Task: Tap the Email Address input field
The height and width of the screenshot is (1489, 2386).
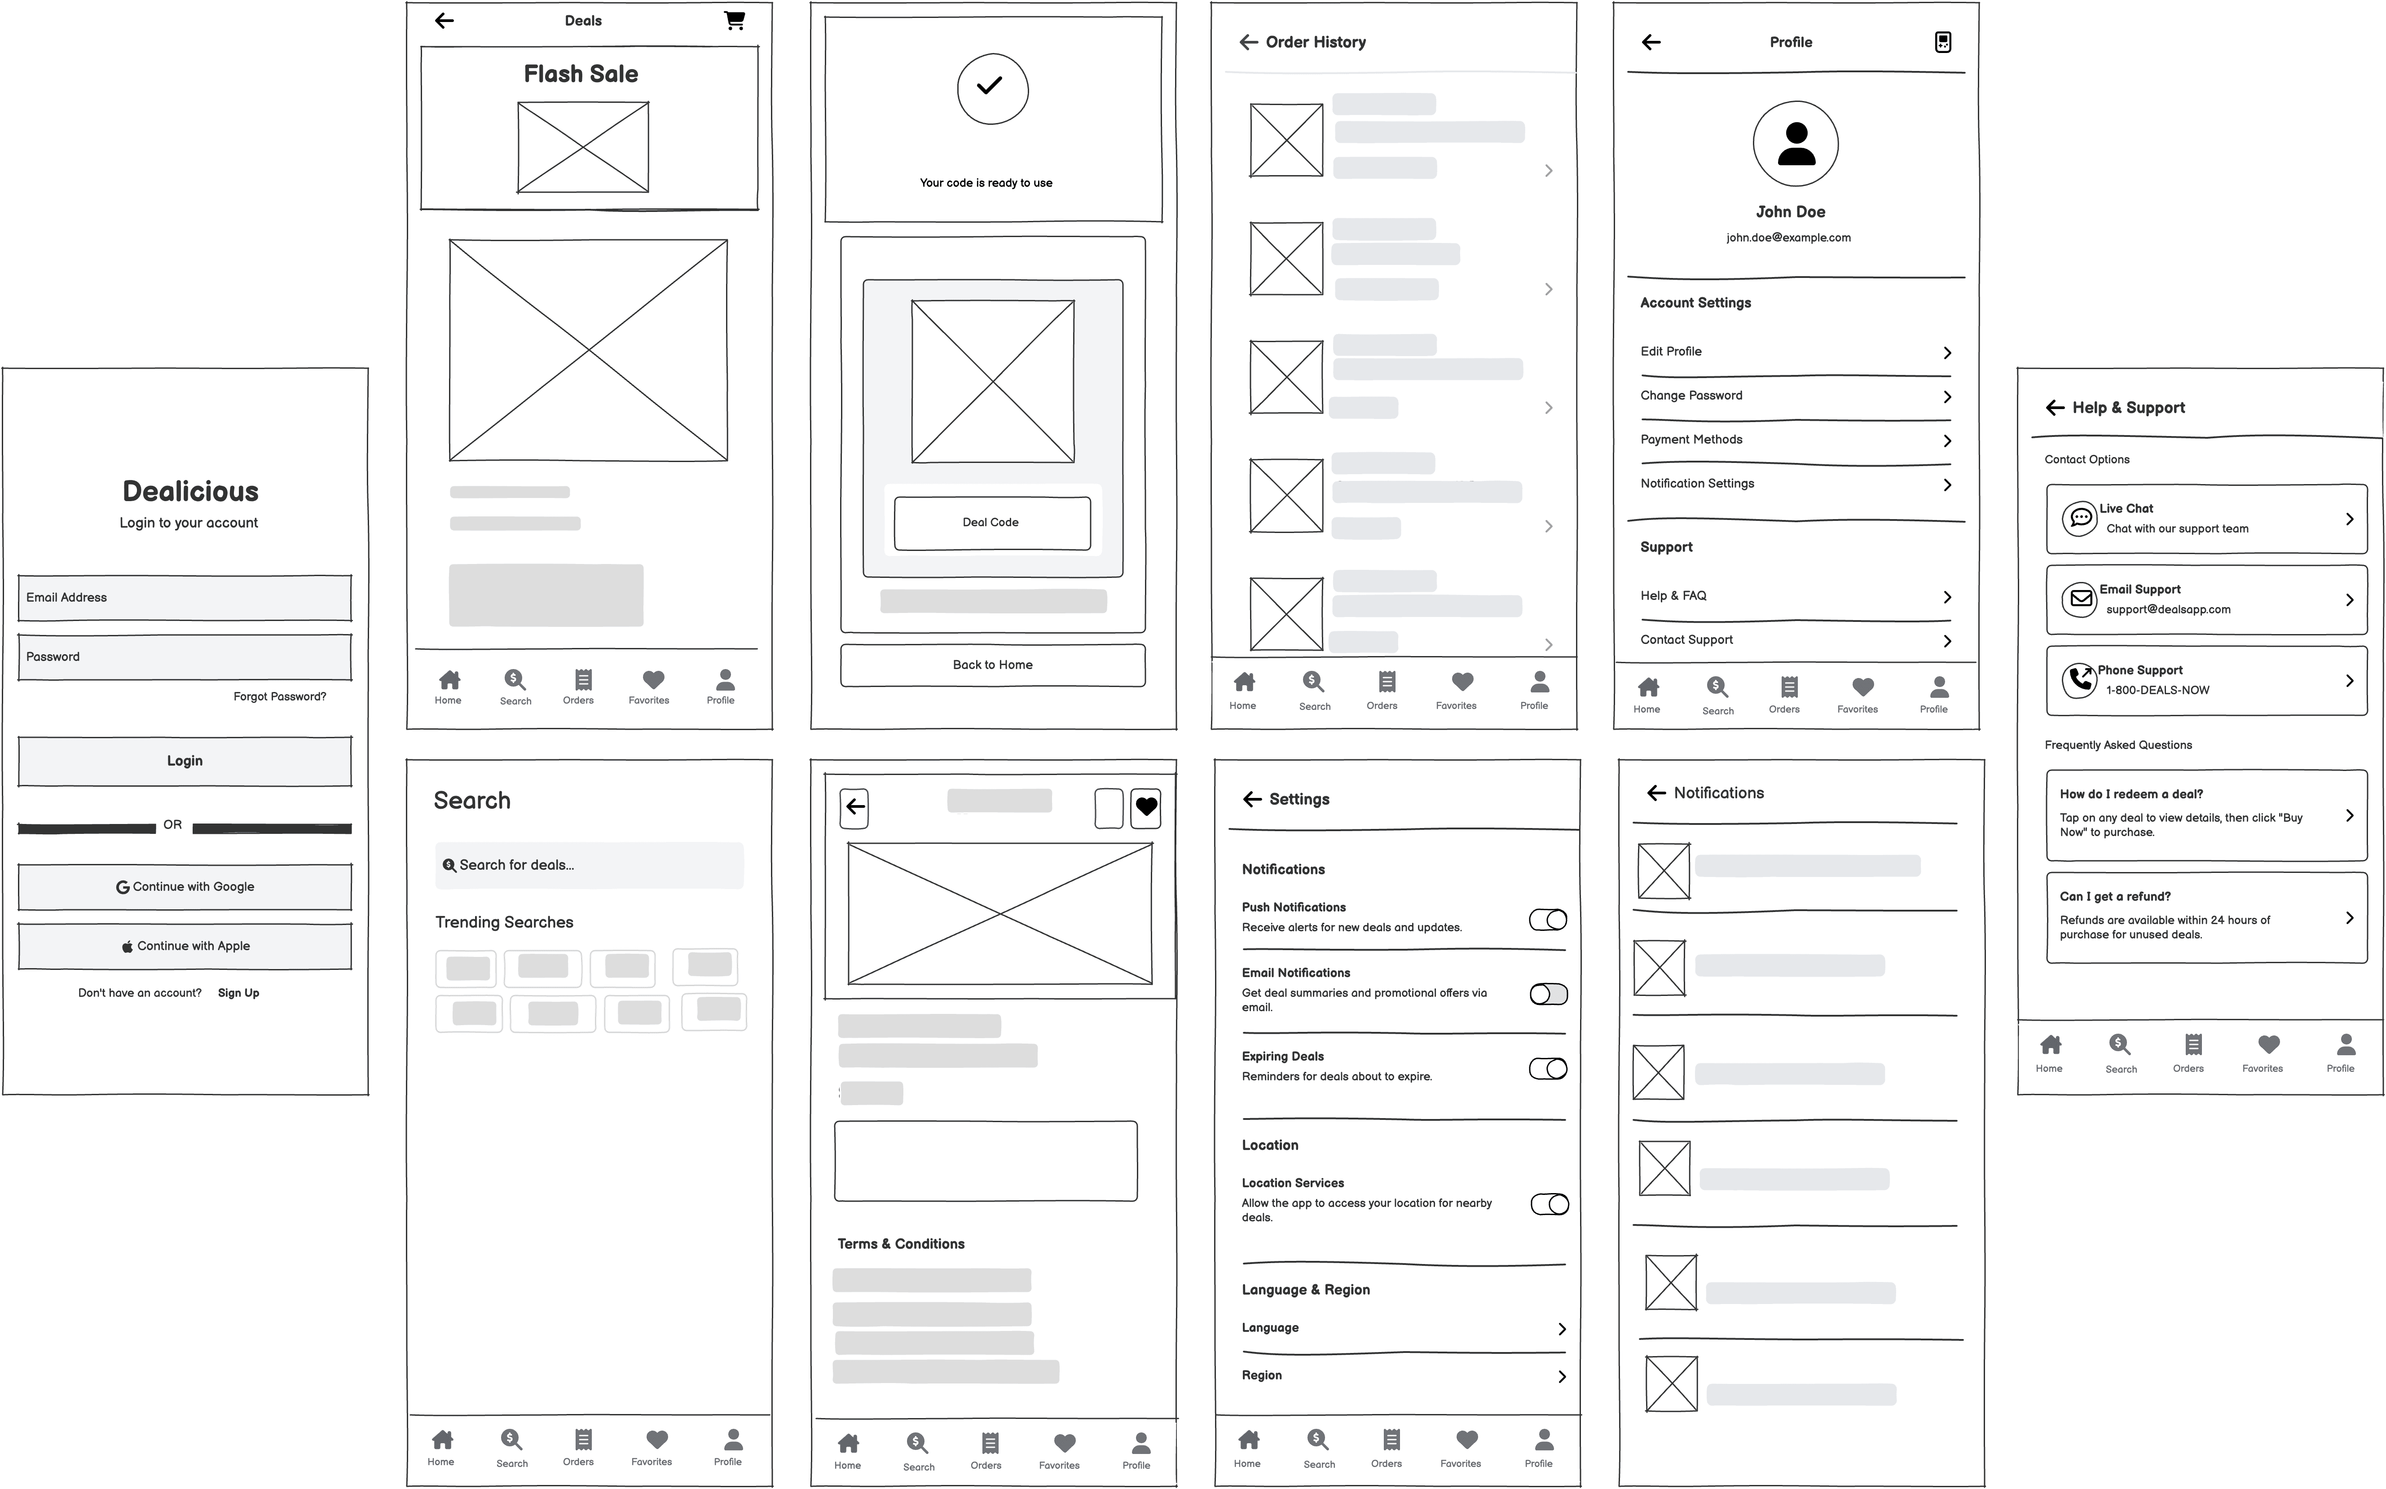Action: tap(185, 598)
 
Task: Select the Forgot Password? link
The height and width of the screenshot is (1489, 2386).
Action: tap(280, 696)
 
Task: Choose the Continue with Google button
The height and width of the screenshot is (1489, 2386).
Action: tap(185, 886)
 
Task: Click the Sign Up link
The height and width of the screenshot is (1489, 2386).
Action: tap(238, 993)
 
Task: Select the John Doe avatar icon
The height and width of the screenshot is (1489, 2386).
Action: tap(1795, 144)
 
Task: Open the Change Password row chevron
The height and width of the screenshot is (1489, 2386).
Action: tap(1947, 397)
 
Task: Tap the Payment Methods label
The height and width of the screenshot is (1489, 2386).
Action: tap(1691, 439)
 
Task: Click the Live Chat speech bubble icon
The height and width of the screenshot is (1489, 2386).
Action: tap(2080, 518)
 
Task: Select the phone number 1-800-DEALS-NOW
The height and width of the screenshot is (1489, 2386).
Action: tap(2157, 690)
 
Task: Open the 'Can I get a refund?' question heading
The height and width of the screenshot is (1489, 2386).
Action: tap(2115, 896)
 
